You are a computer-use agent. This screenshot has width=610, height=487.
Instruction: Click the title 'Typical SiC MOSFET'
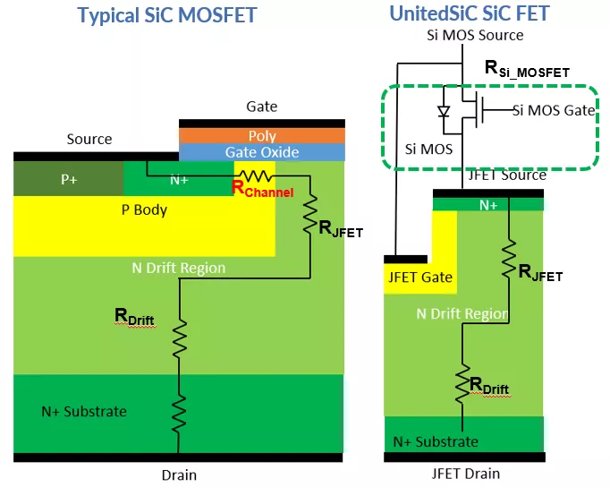[166, 15]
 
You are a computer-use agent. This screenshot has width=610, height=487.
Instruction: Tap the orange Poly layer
[261, 136]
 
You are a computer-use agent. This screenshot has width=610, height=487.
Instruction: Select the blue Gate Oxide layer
[261, 152]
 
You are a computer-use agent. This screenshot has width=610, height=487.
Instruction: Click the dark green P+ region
[69, 179]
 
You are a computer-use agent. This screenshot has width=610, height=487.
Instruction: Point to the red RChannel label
[262, 189]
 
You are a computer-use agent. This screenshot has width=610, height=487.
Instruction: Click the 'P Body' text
[144, 210]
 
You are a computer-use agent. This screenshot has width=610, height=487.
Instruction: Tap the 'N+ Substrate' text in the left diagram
[84, 412]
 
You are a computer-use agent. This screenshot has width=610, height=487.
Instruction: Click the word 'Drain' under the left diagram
[178, 474]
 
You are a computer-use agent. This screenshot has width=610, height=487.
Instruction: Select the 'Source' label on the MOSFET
[89, 139]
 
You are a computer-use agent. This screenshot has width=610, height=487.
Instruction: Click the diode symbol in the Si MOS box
[441, 113]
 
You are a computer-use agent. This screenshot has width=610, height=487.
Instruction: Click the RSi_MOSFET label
[526, 68]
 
